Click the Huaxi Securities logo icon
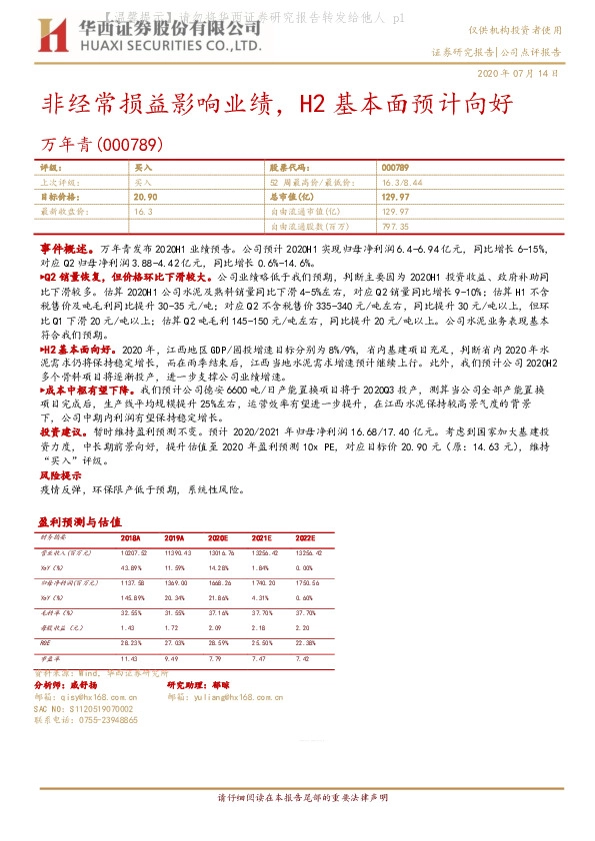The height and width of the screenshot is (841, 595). pyautogui.click(x=53, y=39)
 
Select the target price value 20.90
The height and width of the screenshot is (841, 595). pyautogui.click(x=146, y=198)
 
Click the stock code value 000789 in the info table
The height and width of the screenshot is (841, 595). pyautogui.click(x=394, y=168)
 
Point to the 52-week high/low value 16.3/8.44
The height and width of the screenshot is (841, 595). pyautogui.click(x=401, y=183)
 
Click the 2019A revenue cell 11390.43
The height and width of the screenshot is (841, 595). pyautogui.click(x=176, y=551)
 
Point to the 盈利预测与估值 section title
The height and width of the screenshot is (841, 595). pyautogui.click(x=79, y=521)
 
